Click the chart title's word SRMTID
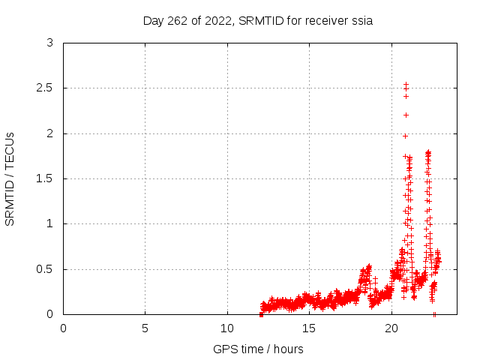(260, 21)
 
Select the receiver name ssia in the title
(361, 21)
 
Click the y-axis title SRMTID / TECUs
(10, 178)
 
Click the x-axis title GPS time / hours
(258, 349)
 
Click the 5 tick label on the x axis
(145, 328)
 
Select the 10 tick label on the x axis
(227, 328)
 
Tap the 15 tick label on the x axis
(309, 328)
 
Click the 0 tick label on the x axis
(63, 328)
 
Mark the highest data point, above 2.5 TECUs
(406, 85)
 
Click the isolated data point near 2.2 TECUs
(406, 115)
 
